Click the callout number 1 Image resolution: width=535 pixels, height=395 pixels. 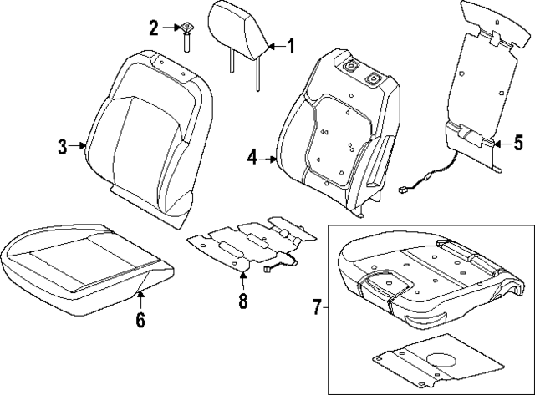(x=290, y=47)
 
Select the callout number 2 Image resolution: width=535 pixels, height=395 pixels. (x=154, y=28)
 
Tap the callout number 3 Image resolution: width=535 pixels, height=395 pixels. (x=63, y=148)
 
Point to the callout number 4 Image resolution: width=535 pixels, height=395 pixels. (x=252, y=155)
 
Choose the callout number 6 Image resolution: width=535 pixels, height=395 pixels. (x=140, y=318)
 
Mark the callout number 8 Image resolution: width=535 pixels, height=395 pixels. (x=243, y=301)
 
